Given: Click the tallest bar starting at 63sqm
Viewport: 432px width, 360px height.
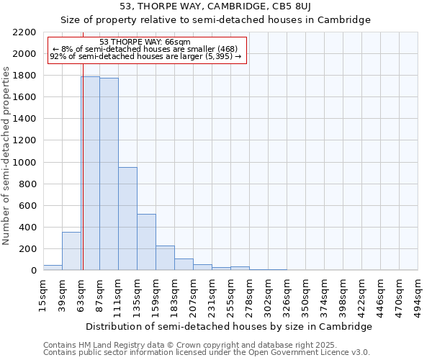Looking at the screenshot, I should pyautogui.click(x=90, y=173).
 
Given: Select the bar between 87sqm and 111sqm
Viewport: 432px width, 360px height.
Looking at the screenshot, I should pyautogui.click(x=109, y=174).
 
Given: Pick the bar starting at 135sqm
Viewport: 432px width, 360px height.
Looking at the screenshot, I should pyautogui.click(x=146, y=242).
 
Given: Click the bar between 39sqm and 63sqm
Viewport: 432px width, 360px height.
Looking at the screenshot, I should pyautogui.click(x=71, y=251).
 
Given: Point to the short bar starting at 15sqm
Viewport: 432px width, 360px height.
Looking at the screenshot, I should pyautogui.click(x=53, y=267).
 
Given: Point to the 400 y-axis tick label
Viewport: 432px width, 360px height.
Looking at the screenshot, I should pyautogui.click(x=28, y=228).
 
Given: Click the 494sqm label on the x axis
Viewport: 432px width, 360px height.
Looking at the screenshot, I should pyautogui.click(x=418, y=294).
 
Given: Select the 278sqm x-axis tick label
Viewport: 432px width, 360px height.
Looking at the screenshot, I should pyautogui.click(x=250, y=294).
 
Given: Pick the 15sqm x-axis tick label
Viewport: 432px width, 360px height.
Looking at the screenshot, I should pyautogui.click(x=44, y=294).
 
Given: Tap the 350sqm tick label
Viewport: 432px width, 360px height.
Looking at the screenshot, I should pyautogui.click(x=306, y=294).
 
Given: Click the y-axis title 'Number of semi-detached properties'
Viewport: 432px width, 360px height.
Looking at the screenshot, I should pyautogui.click(x=7, y=156).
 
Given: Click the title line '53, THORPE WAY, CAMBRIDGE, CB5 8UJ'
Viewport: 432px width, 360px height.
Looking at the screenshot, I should pyautogui.click(x=215, y=7).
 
